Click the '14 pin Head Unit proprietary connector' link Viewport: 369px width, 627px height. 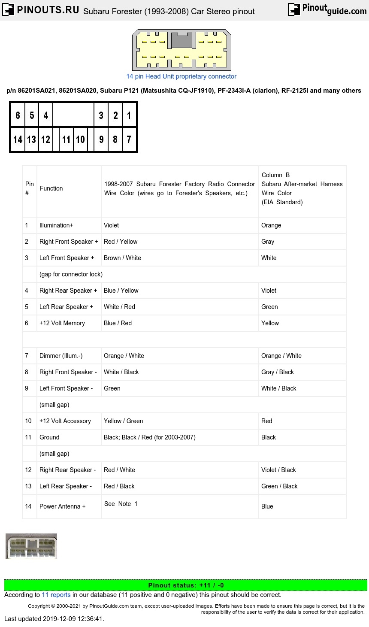pyautogui.click(x=181, y=76)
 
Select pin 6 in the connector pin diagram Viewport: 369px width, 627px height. pyautogui.click(x=18, y=115)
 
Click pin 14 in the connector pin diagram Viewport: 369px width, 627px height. pyautogui.click(x=18, y=139)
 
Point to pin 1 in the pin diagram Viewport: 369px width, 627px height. pyautogui.click(x=129, y=115)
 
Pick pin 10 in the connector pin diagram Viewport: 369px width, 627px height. pyautogui.click(x=80, y=139)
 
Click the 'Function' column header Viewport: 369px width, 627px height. pyautogui.click(x=51, y=188)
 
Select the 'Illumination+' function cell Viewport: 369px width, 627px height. pyautogui.click(x=56, y=225)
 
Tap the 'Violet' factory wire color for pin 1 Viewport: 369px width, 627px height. pyautogui.click(x=111, y=225)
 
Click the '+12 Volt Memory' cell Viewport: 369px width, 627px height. pyautogui.click(x=62, y=323)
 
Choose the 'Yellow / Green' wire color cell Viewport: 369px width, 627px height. pyautogui.click(x=124, y=421)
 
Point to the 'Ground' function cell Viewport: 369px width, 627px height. pyautogui.click(x=49, y=437)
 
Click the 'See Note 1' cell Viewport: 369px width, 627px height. pyautogui.click(x=121, y=504)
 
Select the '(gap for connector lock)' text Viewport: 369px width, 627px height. pyautogui.click(x=71, y=274)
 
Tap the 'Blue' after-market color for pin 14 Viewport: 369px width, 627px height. pyautogui.click(x=267, y=506)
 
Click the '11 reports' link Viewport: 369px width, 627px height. pyautogui.click(x=56, y=595)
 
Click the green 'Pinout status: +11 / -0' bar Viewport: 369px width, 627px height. pyautogui.click(x=185, y=585)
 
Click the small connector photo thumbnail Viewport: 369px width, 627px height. pyautogui.click(x=31, y=546)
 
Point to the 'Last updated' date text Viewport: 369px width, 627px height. pyautogui.click(x=54, y=618)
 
